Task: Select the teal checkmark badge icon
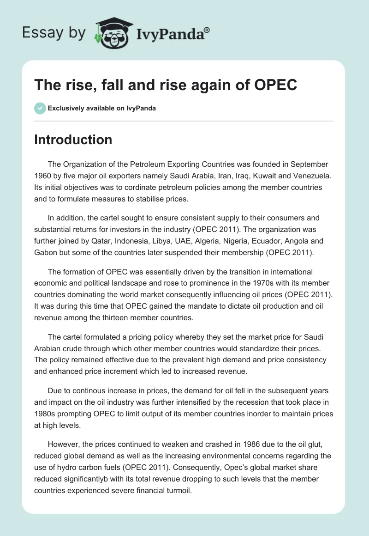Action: [x=40, y=109]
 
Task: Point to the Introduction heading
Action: [x=73, y=140]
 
